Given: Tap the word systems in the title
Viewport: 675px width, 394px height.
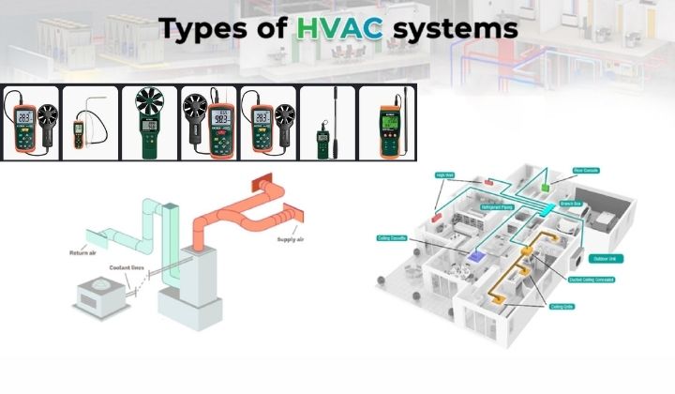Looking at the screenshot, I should (455, 29).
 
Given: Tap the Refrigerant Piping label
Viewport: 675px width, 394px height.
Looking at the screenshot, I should (500, 207).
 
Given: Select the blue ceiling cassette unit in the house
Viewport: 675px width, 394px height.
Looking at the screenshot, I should (477, 253).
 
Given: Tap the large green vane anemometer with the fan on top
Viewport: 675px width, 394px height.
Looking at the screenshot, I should (149, 123).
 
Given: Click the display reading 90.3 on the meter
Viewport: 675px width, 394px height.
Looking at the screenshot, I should (209, 120).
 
